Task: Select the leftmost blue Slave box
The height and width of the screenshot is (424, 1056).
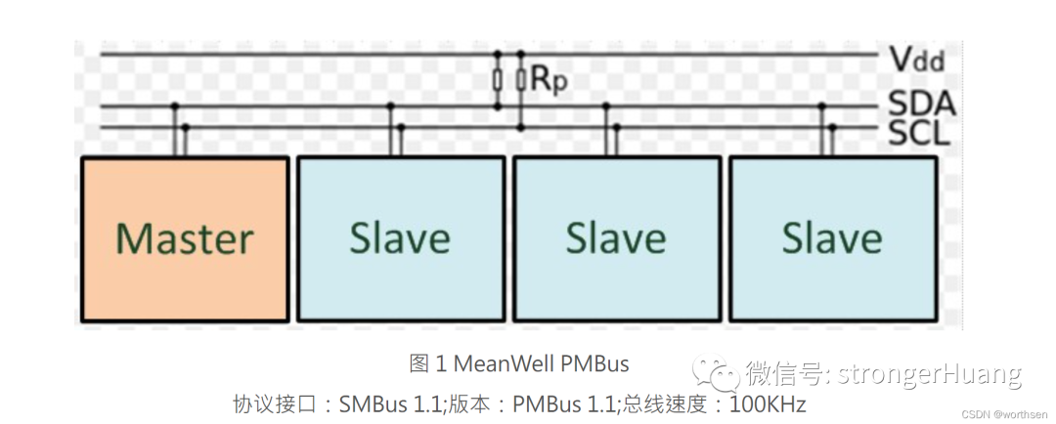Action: click(x=400, y=238)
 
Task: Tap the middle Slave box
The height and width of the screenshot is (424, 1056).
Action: click(x=616, y=238)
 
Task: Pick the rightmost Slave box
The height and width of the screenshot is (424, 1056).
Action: click(x=832, y=238)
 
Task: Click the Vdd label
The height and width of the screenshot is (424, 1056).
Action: click(x=917, y=60)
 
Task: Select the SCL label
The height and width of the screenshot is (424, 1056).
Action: click(x=919, y=132)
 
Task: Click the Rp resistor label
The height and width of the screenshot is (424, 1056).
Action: click(x=549, y=80)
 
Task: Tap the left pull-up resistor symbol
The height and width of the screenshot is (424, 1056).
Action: click(x=498, y=80)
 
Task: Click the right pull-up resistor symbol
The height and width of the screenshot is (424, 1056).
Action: click(x=520, y=80)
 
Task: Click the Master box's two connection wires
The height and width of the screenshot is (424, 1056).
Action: click(x=180, y=137)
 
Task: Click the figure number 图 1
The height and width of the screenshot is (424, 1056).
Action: click(x=427, y=364)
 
